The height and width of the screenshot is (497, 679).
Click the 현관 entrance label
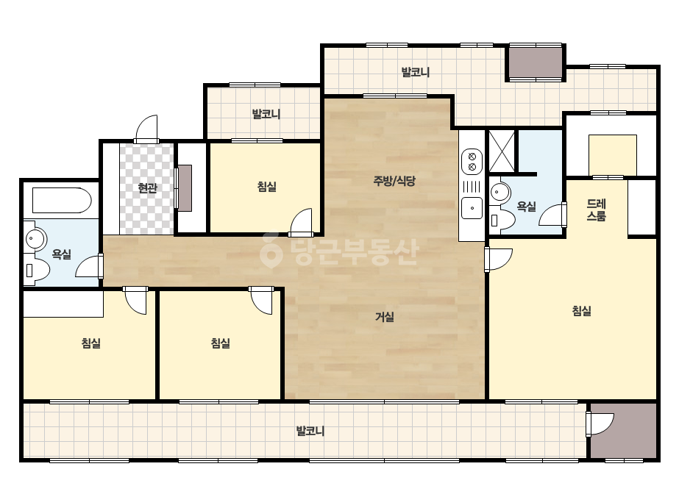[x=147, y=188]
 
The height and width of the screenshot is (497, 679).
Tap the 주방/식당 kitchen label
[x=394, y=181]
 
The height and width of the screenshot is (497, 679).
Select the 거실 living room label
[x=385, y=317]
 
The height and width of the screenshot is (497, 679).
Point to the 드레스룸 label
[x=597, y=210]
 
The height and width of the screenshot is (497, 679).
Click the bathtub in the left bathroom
[x=62, y=200]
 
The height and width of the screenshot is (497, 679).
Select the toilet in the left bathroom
[x=38, y=270]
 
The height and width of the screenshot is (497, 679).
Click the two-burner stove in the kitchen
[x=472, y=161]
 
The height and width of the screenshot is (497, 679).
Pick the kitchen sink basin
[x=472, y=208]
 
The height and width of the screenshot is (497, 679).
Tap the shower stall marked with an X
[x=502, y=151]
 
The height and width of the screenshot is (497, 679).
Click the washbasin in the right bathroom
[x=500, y=191]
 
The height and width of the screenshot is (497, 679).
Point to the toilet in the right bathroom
[x=502, y=220]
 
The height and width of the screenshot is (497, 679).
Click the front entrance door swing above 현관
[x=146, y=129]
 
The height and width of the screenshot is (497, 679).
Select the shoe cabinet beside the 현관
[x=185, y=188]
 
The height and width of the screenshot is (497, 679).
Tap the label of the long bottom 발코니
[x=310, y=431]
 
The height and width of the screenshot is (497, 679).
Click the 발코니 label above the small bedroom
[x=266, y=114]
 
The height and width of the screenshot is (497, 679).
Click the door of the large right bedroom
[x=499, y=260]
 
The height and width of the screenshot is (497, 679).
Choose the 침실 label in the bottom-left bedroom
[x=91, y=343]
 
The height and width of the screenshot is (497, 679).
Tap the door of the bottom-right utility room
[x=600, y=423]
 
